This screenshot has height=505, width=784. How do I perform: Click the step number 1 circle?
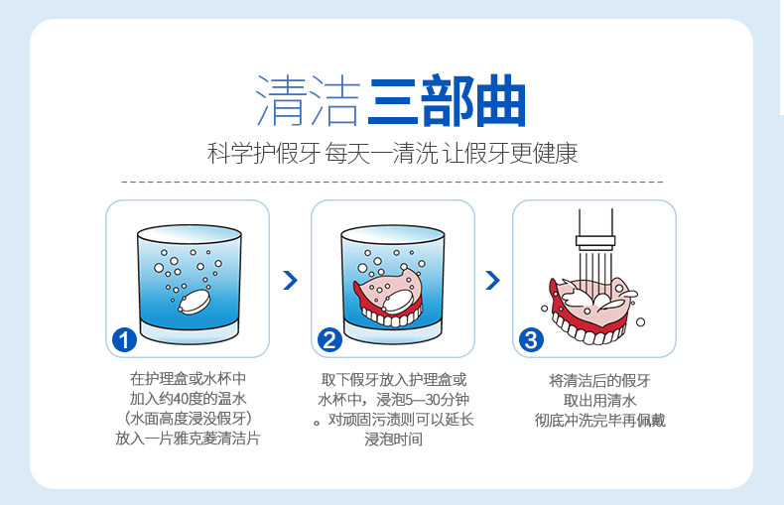coord(125,340)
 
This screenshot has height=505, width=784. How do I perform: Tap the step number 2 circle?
coord(329,340)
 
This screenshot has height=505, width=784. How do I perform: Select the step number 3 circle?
coord(532,340)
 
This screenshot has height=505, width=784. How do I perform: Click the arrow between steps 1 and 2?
coord(290,281)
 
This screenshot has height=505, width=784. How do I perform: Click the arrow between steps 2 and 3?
coord(492,281)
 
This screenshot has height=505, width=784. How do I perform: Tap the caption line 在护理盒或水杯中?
coord(189,379)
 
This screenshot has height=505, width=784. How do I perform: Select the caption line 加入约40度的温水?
coord(189,399)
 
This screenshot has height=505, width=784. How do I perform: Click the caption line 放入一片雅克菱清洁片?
coord(189,439)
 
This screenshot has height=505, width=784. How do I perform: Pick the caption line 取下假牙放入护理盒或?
coord(394,379)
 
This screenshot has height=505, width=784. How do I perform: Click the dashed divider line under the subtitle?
coord(392,183)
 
